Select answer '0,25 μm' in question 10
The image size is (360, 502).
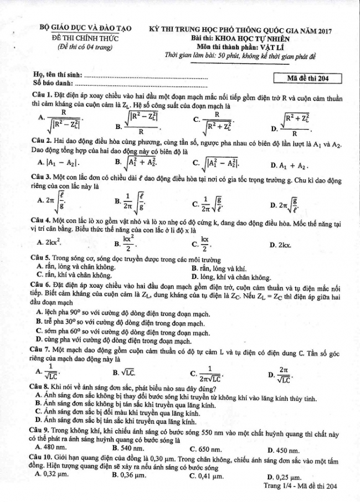click(288, 477)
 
